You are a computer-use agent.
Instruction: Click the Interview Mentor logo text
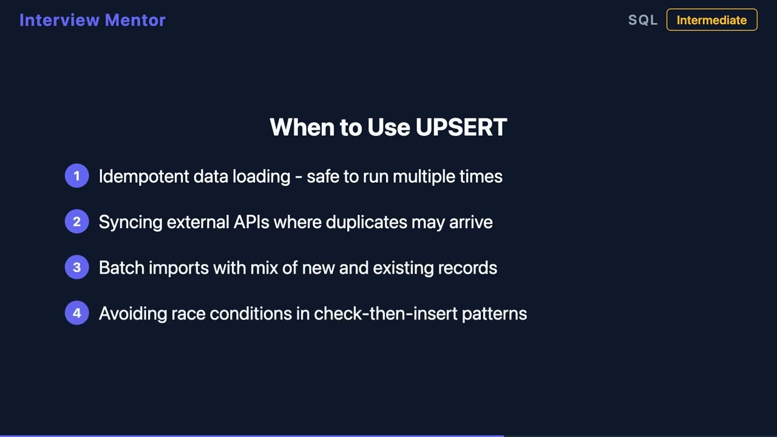coord(92,20)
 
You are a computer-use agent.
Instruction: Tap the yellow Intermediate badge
coord(711,20)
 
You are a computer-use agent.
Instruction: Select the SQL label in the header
coord(643,20)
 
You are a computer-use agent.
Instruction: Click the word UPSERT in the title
coord(461,127)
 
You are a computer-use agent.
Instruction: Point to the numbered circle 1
coord(76,176)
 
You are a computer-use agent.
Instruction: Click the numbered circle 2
coord(76,222)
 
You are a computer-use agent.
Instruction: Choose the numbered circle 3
coord(76,268)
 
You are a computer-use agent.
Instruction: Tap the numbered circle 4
coord(76,313)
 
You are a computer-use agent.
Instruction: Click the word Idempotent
coord(143,177)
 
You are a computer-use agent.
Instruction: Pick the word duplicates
coord(366,222)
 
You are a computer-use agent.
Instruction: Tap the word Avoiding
coord(132,313)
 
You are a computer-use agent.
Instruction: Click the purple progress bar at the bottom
coord(251,435)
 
